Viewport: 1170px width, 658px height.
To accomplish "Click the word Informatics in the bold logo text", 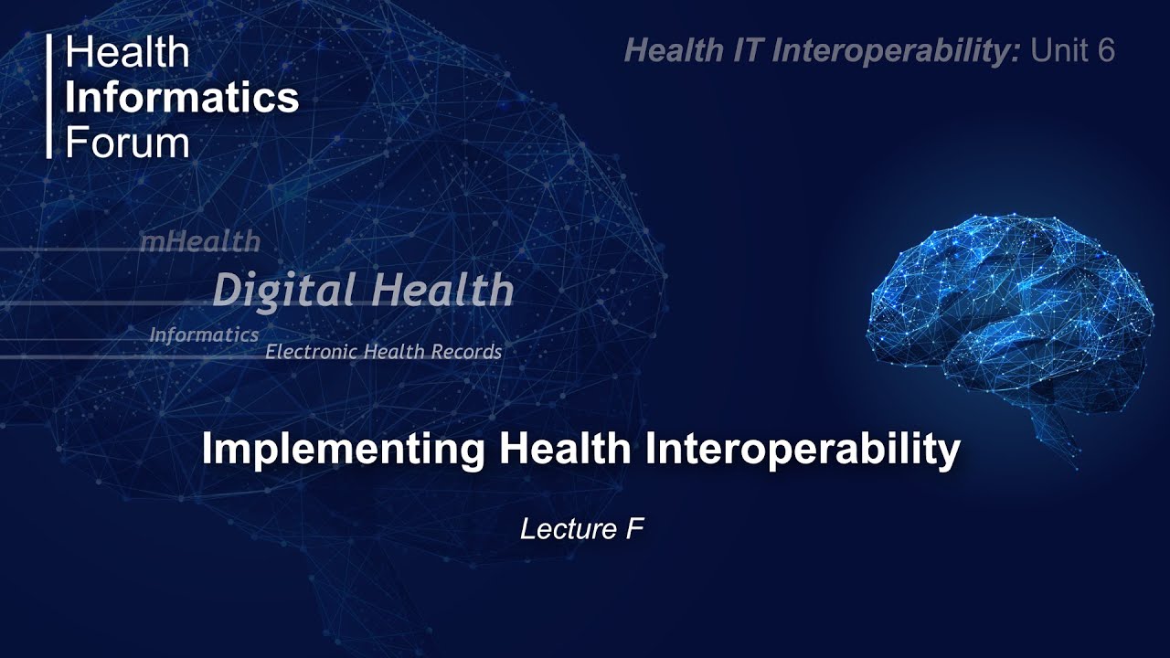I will pos(181,98).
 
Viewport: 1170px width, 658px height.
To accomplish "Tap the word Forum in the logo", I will pos(127,143).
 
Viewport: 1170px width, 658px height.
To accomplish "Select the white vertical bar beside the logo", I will pos(50,97).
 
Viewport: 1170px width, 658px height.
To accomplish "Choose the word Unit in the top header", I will pos(1059,51).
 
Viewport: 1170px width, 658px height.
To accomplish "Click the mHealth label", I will pos(199,242).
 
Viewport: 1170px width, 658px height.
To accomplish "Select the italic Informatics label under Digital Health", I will pos(204,335).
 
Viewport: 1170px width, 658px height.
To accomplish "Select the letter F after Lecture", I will pos(636,529).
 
